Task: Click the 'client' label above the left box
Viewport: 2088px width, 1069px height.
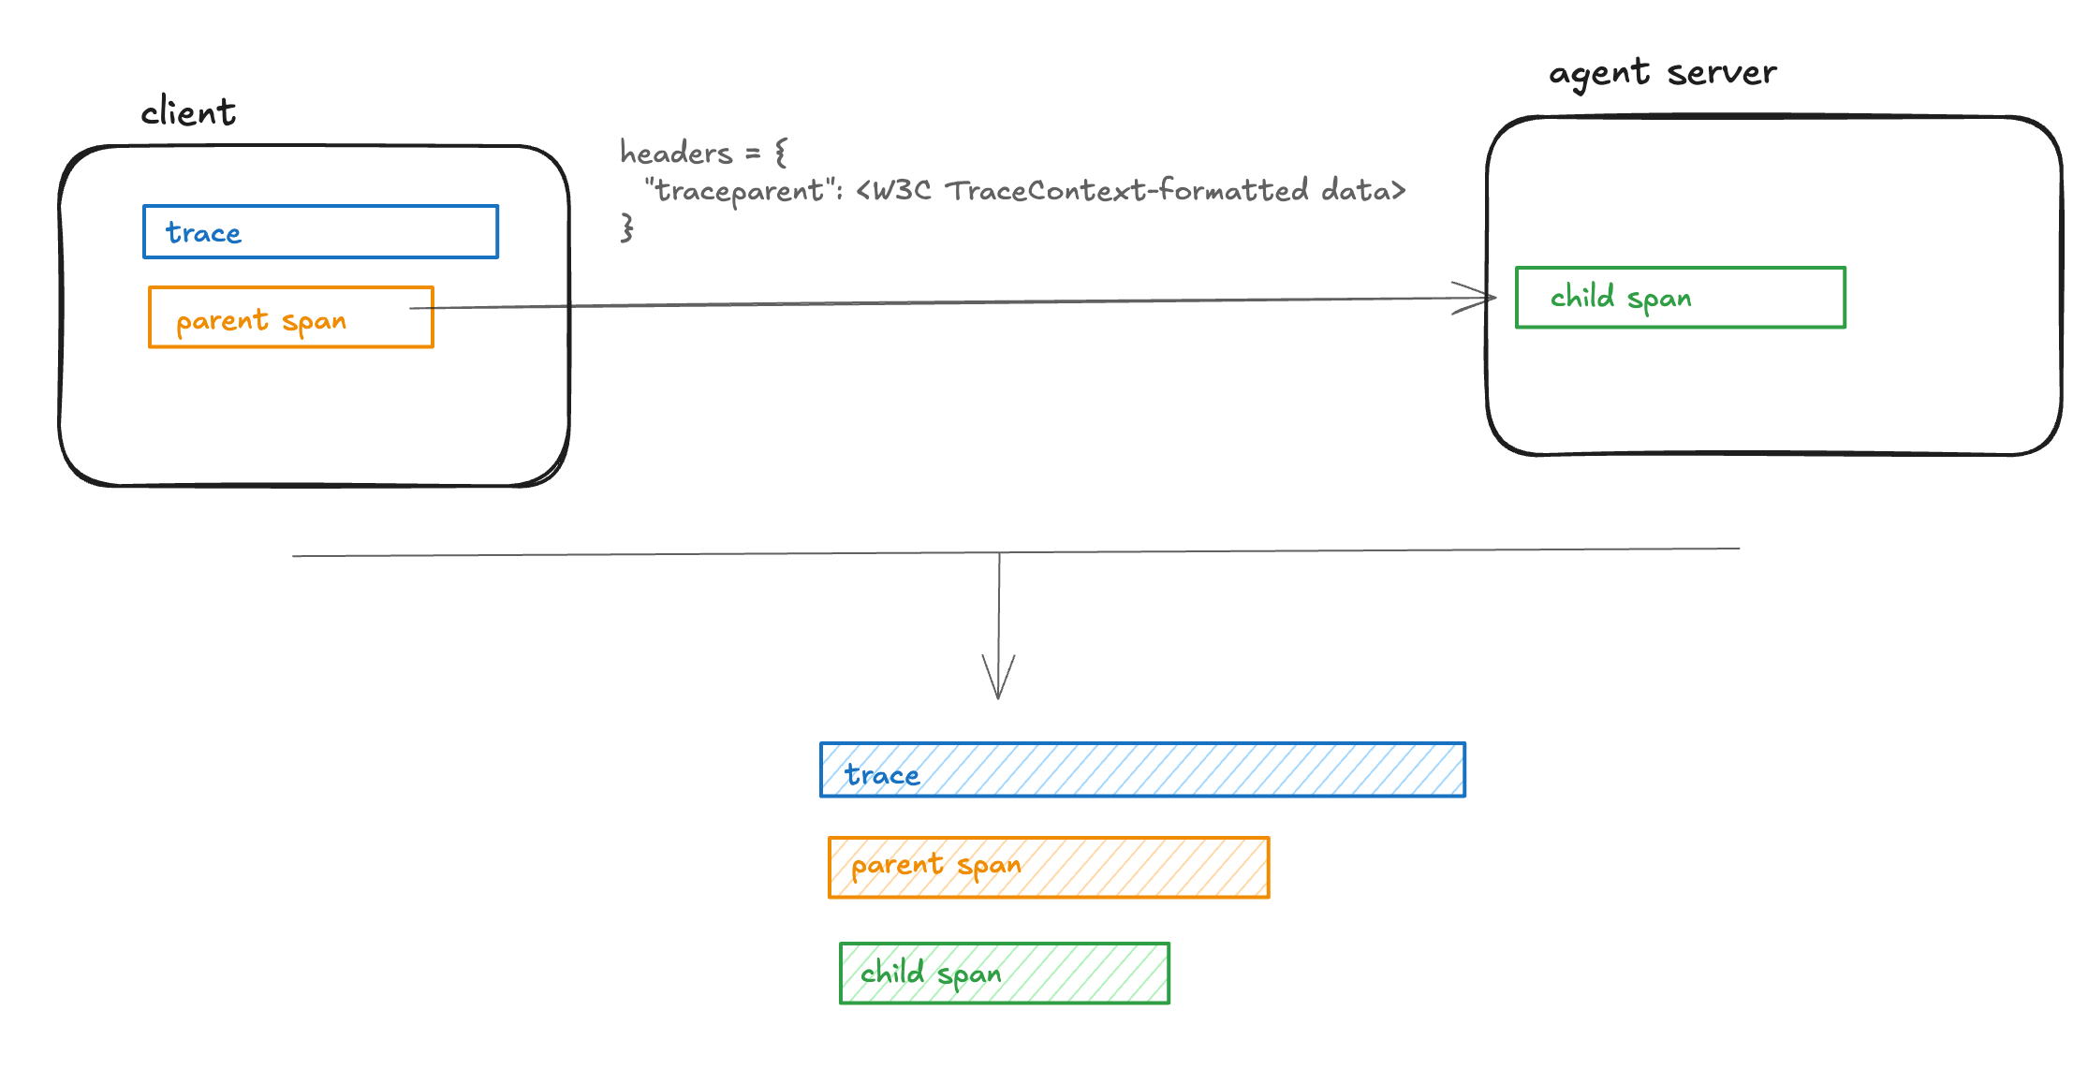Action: pos(188,112)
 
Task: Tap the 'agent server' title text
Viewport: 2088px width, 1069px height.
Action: pos(1662,73)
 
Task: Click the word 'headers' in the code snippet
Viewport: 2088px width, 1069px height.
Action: pos(676,153)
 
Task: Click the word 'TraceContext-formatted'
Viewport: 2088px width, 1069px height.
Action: pos(1126,191)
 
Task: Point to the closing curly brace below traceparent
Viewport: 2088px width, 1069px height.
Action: pos(626,227)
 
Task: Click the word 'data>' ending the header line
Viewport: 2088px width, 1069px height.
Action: pos(1363,191)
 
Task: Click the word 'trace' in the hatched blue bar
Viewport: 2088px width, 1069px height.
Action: pos(882,775)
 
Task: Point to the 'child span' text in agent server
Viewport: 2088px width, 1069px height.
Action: pos(1621,298)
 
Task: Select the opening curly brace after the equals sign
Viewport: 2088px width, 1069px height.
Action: pos(781,153)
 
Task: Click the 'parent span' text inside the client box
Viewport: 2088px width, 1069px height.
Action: pos(261,321)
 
